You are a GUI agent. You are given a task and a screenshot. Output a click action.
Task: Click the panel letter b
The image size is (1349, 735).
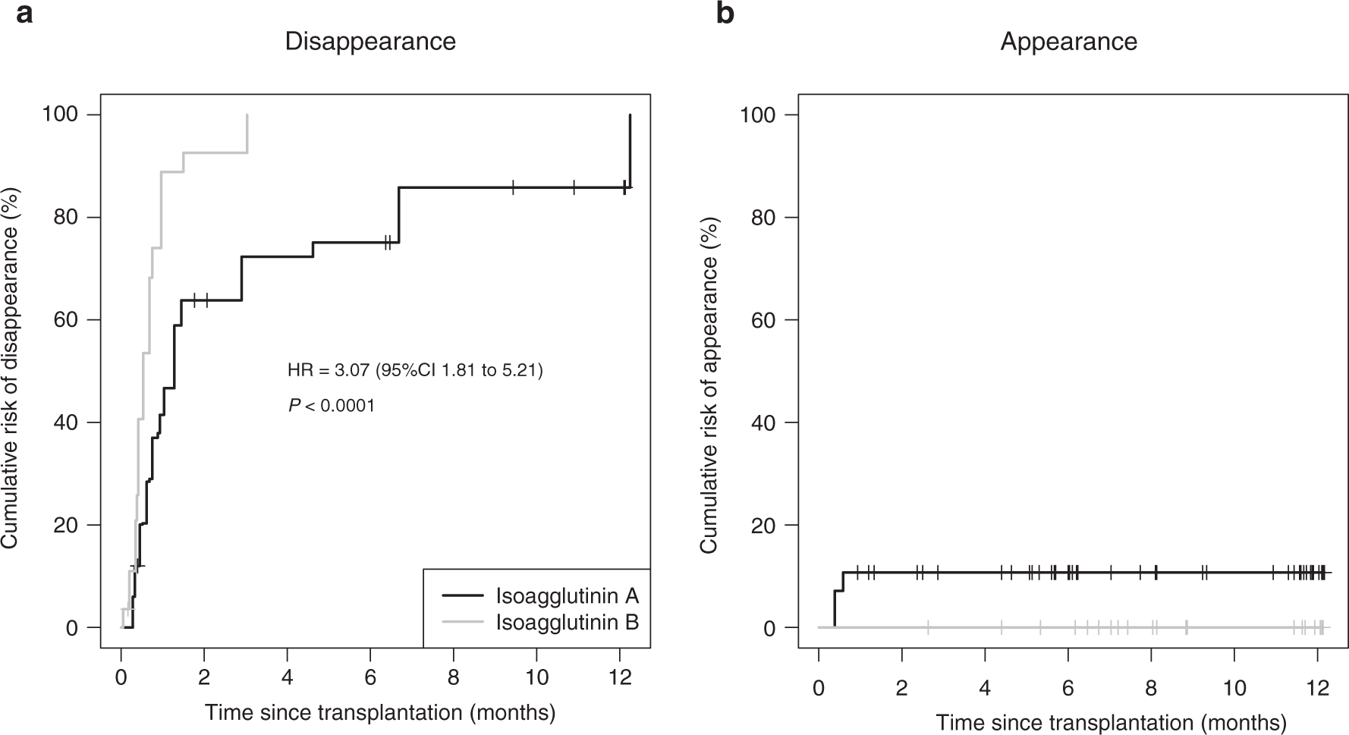pyautogui.click(x=725, y=14)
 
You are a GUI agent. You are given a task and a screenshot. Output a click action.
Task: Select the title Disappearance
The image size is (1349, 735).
pyautogui.click(x=370, y=41)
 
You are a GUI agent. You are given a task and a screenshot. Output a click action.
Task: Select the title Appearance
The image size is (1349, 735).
pyautogui.click(x=1068, y=41)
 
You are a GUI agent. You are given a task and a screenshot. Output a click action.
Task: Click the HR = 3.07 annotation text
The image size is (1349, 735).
pyautogui.click(x=415, y=371)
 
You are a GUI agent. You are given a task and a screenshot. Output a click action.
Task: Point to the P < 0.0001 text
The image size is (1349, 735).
pyautogui.click(x=332, y=406)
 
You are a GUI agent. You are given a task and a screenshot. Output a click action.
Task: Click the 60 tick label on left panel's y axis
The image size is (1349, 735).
pyautogui.click(x=70, y=320)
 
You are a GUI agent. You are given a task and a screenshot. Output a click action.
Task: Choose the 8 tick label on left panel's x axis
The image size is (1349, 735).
pyautogui.click(x=454, y=677)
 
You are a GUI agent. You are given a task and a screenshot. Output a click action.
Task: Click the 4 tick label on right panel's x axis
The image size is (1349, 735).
pyautogui.click(x=985, y=687)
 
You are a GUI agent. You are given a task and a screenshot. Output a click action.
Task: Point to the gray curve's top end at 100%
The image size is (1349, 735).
pyautogui.click(x=247, y=116)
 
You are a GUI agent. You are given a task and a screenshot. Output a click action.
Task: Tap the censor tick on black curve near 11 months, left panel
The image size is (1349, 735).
pyautogui.click(x=574, y=187)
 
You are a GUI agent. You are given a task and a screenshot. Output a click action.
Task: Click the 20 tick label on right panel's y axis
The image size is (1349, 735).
pyautogui.click(x=769, y=525)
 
